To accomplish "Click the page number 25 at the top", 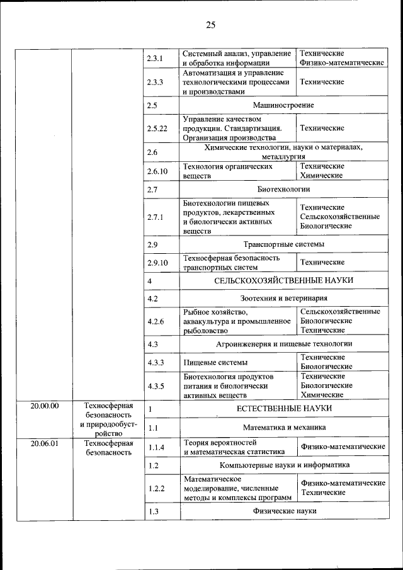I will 210,25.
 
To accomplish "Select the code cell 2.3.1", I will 155,59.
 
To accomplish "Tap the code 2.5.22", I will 157,128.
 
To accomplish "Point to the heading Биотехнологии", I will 283,189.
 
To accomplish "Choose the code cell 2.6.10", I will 157,171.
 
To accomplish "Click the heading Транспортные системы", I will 283,244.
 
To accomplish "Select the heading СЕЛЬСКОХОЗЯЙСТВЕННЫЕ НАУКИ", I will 283,280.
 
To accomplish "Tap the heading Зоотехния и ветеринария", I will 283,298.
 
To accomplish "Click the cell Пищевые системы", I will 215,362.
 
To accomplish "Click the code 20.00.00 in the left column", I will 44,406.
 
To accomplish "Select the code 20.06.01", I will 44,443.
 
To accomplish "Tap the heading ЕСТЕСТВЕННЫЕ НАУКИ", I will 283,409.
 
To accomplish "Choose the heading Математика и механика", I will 283,428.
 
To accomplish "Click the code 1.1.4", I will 155,447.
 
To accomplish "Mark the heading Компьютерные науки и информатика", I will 283,465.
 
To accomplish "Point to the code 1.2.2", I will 155,488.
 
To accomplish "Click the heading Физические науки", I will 283,511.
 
